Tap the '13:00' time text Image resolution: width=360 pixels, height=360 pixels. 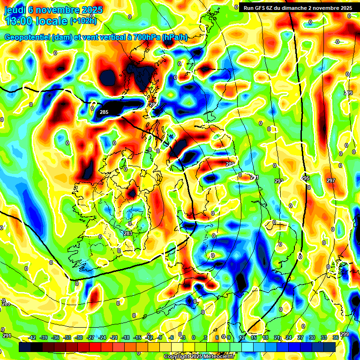pyautogui.click(x=19, y=21)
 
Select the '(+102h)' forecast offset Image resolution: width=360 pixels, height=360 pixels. pyautogui.click(x=83, y=21)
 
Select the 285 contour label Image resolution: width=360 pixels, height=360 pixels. pyautogui.click(x=104, y=112)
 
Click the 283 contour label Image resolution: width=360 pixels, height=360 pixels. pyautogui.click(x=128, y=233)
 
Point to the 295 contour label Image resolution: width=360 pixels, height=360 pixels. pyautogui.click(x=306, y=179)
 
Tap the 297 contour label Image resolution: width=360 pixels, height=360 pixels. pyautogui.click(x=331, y=180)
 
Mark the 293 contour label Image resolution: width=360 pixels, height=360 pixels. pyautogui.click(x=279, y=181)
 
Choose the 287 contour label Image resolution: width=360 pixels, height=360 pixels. pyautogui.click(x=153, y=104)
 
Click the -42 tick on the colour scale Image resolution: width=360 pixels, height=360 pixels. pyautogui.click(x=32, y=337)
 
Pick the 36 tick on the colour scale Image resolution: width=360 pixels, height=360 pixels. pyautogui.click(x=336, y=337)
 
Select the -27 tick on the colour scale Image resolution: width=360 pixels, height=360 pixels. pyautogui.click(x=90, y=337)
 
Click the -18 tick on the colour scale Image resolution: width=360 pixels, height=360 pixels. pyautogui.click(x=126, y=337)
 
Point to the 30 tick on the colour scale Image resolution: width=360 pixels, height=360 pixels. pyautogui.click(x=312, y=337)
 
